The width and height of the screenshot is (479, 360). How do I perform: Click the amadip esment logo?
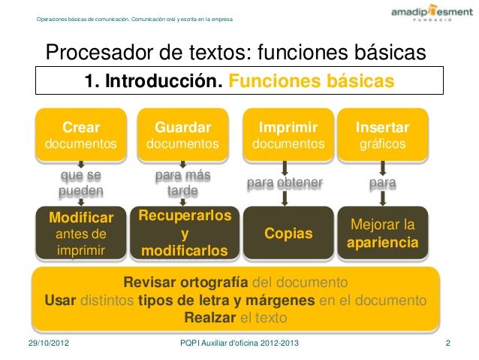[x=432, y=13]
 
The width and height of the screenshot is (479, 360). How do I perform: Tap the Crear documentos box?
[x=81, y=135]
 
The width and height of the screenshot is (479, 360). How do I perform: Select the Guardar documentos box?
[x=182, y=135]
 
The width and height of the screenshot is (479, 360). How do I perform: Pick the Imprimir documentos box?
[x=288, y=135]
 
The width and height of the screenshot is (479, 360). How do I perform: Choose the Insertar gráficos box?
[x=382, y=135]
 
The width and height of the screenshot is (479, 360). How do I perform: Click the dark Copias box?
[x=288, y=233]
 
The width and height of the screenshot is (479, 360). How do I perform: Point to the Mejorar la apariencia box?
[x=382, y=233]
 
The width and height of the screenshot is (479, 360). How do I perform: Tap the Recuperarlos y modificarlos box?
[x=185, y=233]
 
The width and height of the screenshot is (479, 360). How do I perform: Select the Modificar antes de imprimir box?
[x=81, y=233]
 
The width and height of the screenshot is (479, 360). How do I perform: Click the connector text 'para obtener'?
[x=285, y=183]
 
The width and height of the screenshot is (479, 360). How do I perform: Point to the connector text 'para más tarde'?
[x=182, y=183]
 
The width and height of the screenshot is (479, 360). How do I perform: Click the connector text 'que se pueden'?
[x=81, y=183]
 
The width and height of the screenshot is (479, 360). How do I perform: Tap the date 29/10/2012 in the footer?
[x=49, y=343]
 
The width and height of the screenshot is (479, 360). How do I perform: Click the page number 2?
[x=447, y=343]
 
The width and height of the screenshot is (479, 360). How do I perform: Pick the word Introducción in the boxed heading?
[x=164, y=80]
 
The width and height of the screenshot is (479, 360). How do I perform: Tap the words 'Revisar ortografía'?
[x=185, y=282]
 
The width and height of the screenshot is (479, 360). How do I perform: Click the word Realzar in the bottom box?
[x=210, y=317]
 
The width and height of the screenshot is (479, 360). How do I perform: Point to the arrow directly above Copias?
[x=285, y=198]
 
